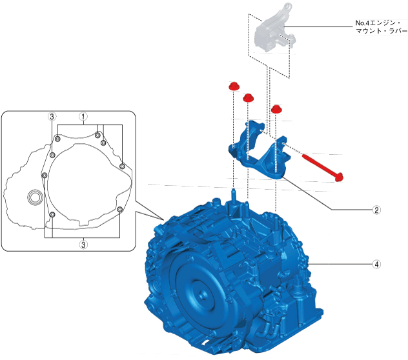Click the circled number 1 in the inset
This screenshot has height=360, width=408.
[x=83, y=117]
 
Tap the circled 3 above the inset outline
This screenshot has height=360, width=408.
[x=52, y=117]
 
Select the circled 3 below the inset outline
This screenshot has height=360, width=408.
[x=83, y=245]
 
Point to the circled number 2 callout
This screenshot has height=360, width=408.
[x=376, y=210]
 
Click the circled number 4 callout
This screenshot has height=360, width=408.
[x=376, y=264]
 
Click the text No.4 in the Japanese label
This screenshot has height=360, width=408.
[x=363, y=23]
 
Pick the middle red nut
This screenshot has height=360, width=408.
[x=248, y=97]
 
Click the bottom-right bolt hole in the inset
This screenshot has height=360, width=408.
[x=120, y=209]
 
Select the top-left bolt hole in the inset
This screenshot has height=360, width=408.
[x=57, y=138]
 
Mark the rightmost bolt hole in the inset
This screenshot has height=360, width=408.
[x=122, y=166]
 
